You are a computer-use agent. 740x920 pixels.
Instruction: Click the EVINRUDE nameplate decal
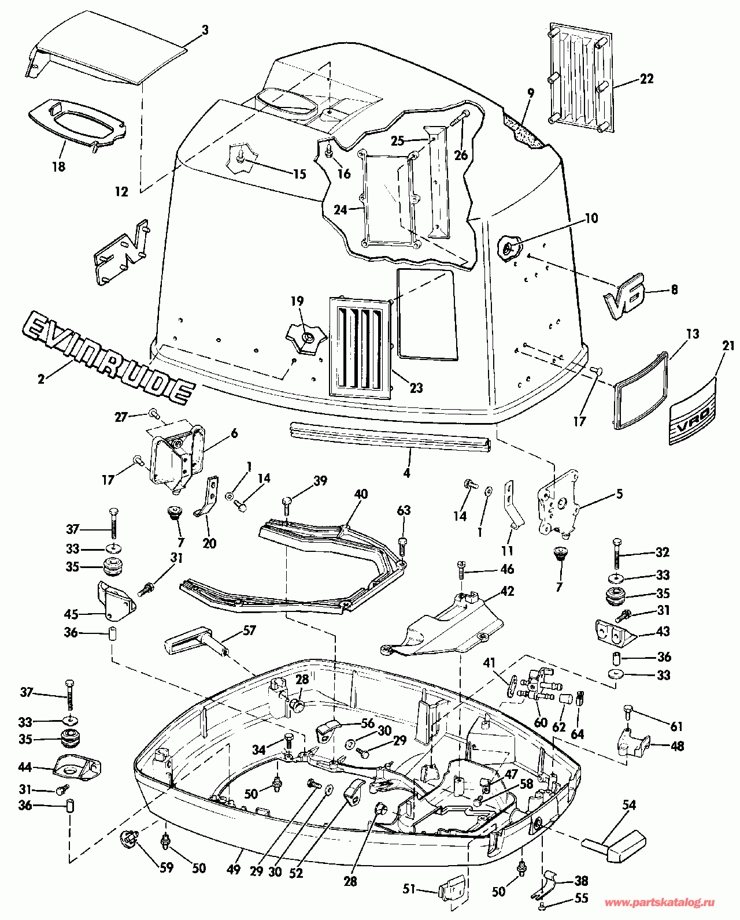tap(107, 357)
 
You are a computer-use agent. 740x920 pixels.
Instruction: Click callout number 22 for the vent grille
tap(646, 79)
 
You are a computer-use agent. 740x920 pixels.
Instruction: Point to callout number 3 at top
tap(205, 29)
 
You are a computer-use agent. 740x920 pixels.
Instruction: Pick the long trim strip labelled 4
tap(390, 436)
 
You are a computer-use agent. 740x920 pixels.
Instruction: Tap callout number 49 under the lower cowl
tap(234, 869)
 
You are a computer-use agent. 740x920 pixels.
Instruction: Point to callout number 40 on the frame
tap(361, 495)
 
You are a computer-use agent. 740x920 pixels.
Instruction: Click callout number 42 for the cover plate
tap(506, 591)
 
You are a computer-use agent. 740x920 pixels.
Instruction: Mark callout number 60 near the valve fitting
tap(541, 722)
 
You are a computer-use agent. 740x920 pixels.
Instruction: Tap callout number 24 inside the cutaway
tap(341, 210)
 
